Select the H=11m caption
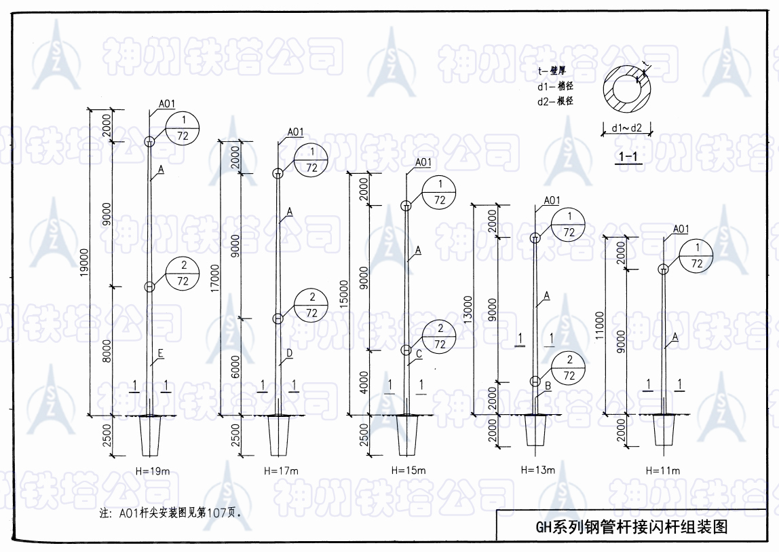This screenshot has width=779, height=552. tap(663, 471)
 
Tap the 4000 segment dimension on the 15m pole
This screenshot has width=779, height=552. tap(364, 382)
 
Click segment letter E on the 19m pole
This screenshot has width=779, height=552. tap(161, 353)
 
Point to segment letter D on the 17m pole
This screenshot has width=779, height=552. tap(290, 353)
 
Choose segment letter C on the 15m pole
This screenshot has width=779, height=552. tap(419, 354)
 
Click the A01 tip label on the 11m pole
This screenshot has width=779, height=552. tap(681, 229)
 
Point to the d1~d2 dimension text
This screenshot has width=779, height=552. tap(626, 128)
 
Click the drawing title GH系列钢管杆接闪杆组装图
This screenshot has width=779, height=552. tap(631, 527)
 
